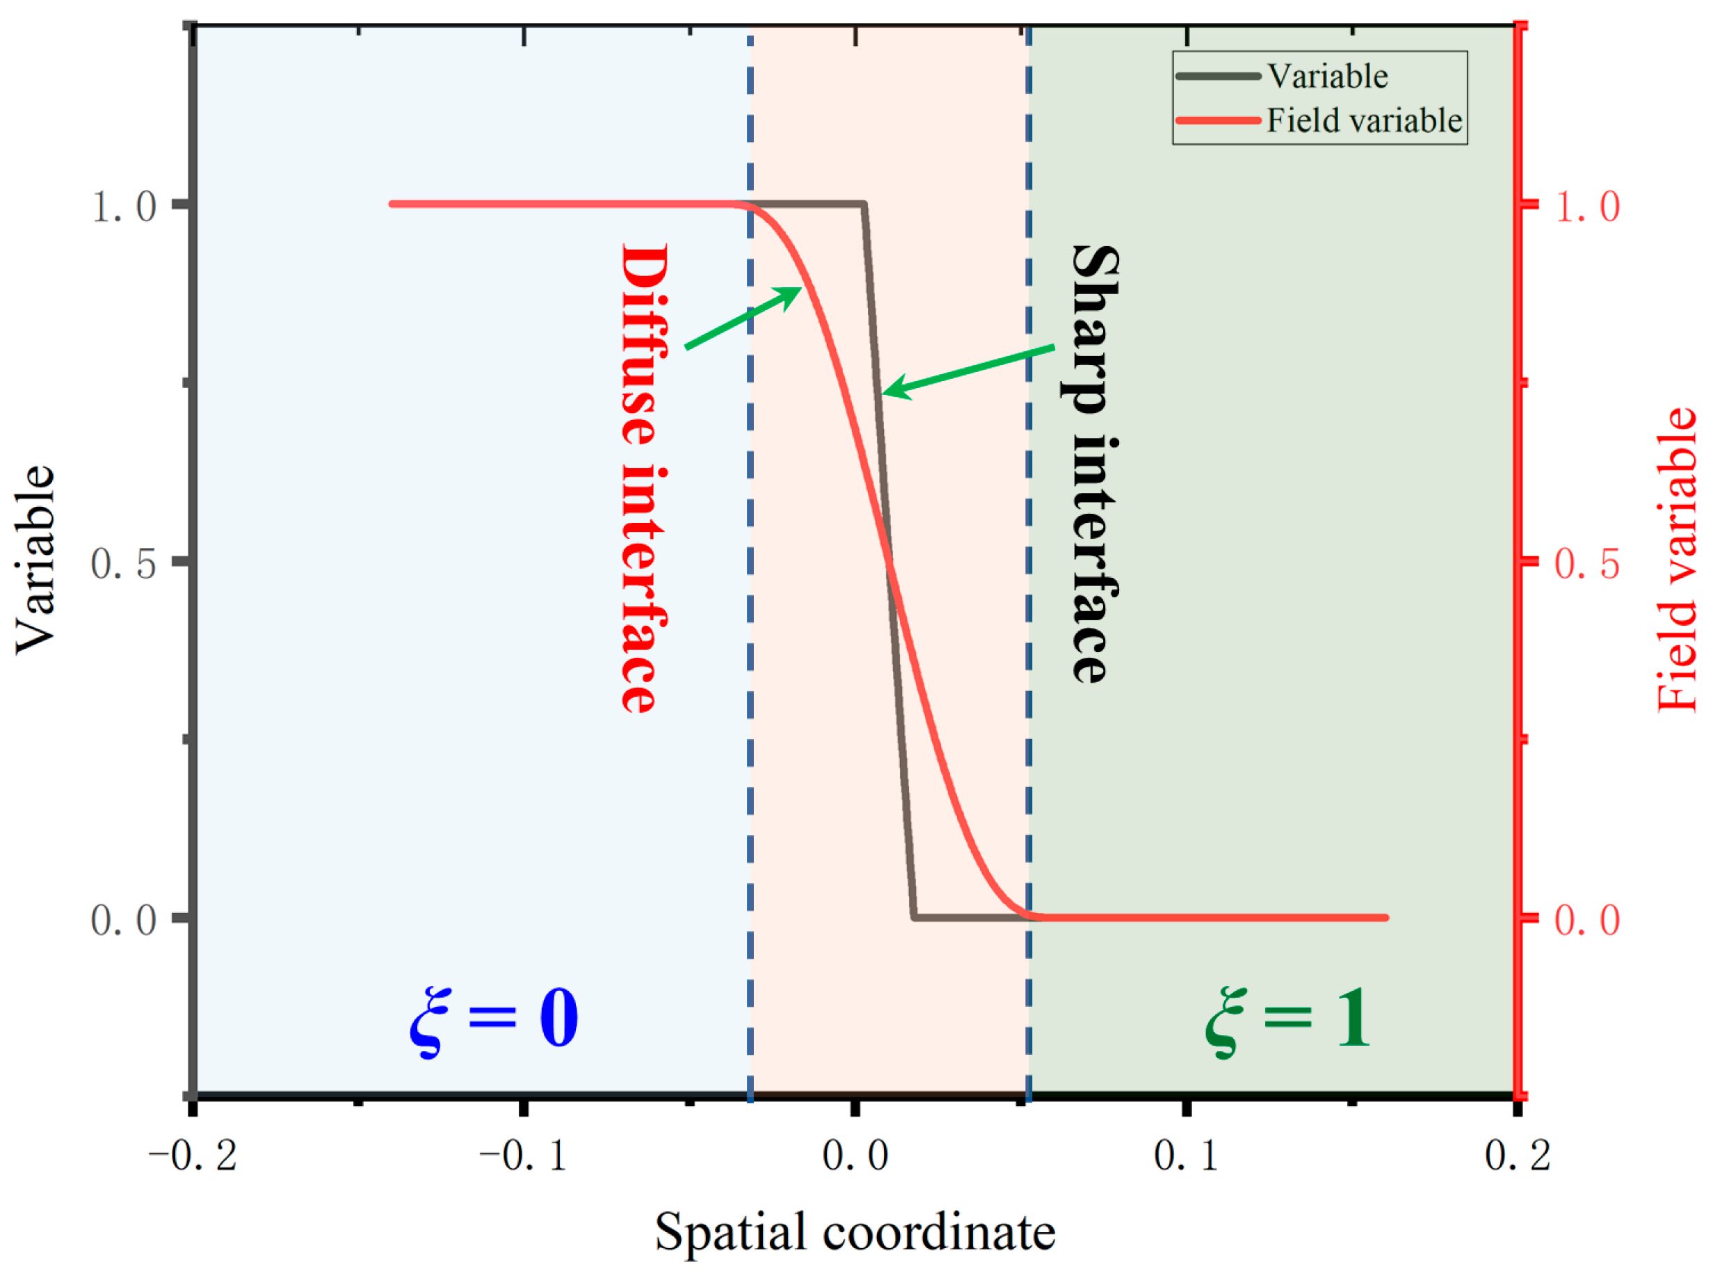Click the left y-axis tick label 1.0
(124, 207)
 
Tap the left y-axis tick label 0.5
(124, 564)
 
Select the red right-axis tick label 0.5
(1587, 564)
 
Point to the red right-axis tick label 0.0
(1587, 921)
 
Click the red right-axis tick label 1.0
(1587, 207)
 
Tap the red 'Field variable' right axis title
(1677, 559)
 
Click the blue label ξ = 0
(494, 1019)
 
